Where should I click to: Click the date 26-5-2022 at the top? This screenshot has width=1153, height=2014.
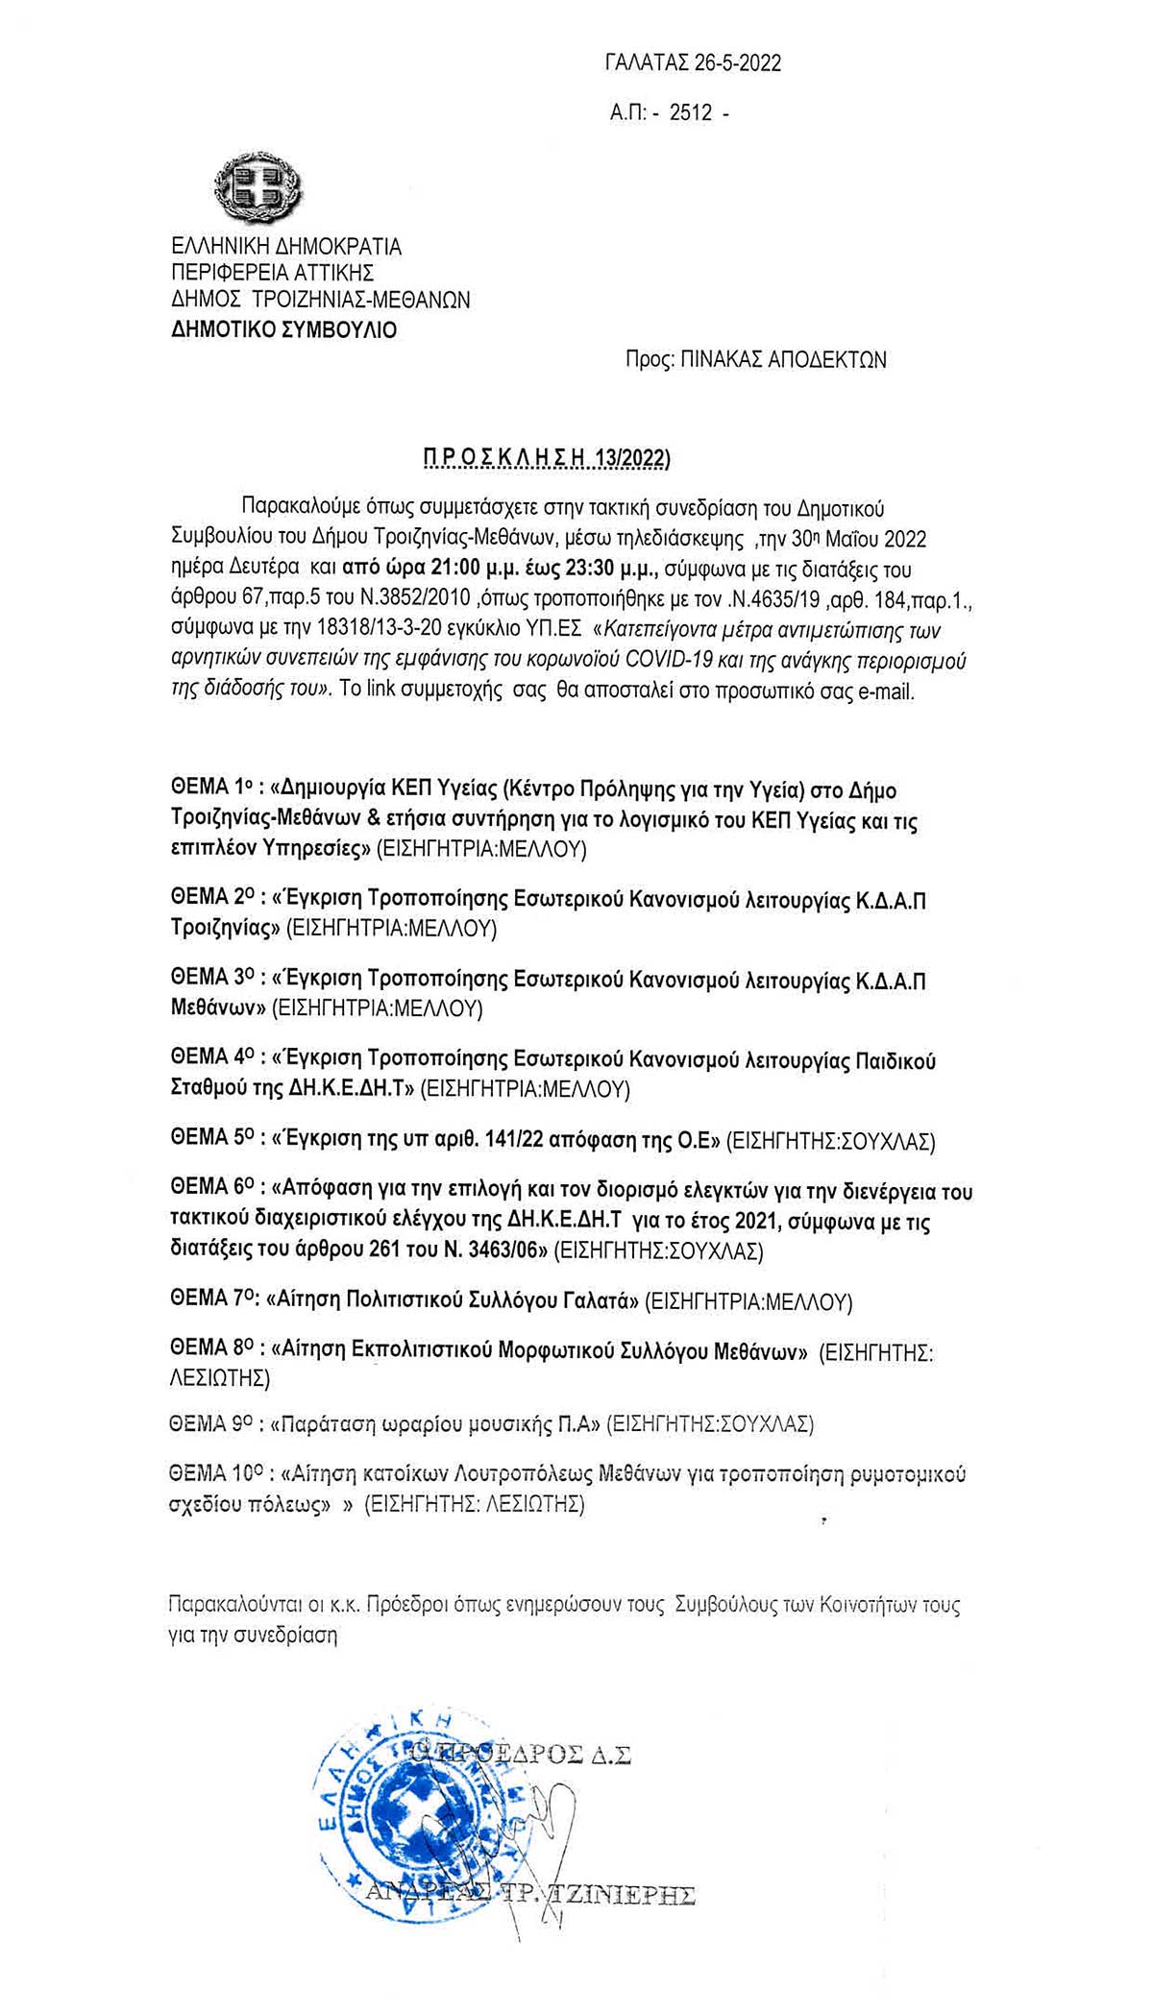(738, 63)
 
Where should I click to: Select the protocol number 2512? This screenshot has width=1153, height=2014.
(691, 113)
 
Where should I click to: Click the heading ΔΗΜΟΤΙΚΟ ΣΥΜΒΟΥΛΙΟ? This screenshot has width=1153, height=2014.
(283, 330)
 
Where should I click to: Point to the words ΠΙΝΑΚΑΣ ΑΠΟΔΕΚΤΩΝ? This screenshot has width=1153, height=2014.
(784, 360)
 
